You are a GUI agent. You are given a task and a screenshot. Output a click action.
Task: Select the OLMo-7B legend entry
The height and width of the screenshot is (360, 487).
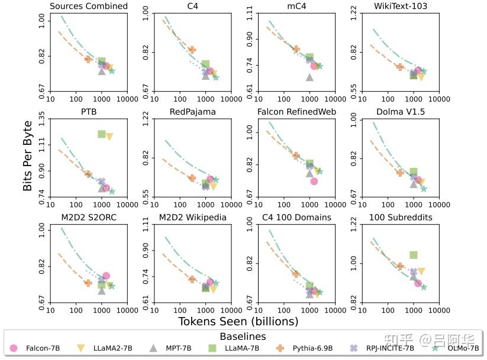(x=462, y=348)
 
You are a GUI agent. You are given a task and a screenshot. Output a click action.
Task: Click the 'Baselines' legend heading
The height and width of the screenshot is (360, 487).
(x=244, y=336)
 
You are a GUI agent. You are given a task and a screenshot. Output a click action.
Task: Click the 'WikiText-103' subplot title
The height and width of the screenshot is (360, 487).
(x=400, y=7)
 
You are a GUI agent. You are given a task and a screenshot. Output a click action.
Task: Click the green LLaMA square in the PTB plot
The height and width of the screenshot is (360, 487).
(x=102, y=134)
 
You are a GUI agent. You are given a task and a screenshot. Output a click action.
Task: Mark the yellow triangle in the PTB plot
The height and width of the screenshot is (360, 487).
(x=109, y=137)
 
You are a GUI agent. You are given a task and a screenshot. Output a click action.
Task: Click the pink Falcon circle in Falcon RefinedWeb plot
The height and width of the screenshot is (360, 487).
(x=314, y=181)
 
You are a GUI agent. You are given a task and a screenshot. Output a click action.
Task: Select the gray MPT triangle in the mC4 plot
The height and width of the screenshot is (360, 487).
(x=309, y=77)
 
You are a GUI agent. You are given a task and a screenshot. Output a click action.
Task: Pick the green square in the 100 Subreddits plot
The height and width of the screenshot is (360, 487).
(x=414, y=255)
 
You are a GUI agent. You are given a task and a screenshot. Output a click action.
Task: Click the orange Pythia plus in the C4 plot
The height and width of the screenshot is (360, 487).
(x=192, y=50)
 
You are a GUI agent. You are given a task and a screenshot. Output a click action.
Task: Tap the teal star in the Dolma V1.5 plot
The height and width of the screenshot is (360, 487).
(x=424, y=189)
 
